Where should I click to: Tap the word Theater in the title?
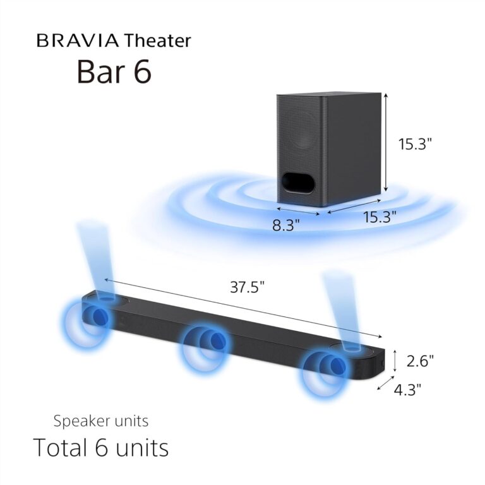157,42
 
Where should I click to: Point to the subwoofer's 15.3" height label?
414,144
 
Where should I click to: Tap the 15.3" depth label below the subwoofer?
380,217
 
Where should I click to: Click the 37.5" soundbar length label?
246,287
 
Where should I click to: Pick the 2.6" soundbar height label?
420,361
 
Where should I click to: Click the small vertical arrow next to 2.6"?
395,362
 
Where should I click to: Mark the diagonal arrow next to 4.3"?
383,384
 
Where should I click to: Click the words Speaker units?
101,421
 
